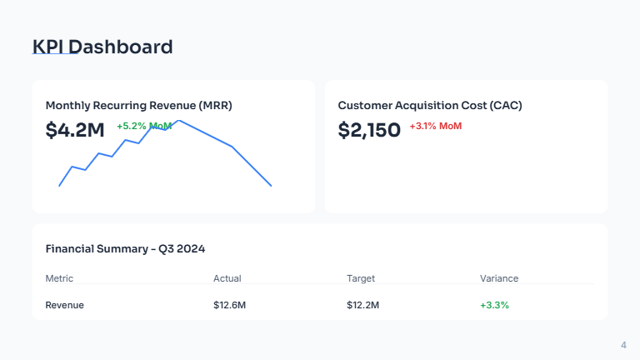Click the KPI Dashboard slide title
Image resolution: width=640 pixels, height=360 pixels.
click(102, 47)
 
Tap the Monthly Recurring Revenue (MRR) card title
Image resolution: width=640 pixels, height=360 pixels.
click(138, 106)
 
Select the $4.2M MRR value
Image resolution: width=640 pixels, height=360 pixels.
click(75, 130)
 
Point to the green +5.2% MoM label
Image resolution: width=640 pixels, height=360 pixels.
click(144, 126)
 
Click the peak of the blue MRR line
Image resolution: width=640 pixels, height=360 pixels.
click(179, 121)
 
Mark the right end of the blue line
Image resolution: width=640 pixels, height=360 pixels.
click(271, 185)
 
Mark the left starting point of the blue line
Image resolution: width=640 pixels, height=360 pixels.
click(59, 185)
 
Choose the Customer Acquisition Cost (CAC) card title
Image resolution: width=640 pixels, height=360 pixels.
click(430, 106)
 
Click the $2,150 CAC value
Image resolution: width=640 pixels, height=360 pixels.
click(369, 130)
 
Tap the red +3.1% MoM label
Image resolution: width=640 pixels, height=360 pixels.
click(435, 126)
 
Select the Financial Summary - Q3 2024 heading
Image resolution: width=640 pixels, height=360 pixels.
click(125, 248)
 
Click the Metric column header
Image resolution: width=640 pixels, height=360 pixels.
click(59, 278)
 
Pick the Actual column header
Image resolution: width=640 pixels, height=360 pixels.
click(227, 278)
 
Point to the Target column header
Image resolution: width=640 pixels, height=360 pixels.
click(361, 278)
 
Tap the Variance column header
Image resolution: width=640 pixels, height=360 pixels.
click(499, 278)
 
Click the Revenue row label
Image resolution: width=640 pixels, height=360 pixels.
click(64, 305)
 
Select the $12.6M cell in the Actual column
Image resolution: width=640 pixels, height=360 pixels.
click(230, 305)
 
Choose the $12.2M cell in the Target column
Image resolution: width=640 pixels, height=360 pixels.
click(363, 305)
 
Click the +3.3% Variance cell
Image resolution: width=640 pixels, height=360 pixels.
click(494, 305)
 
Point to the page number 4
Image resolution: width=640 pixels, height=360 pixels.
click(623, 345)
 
